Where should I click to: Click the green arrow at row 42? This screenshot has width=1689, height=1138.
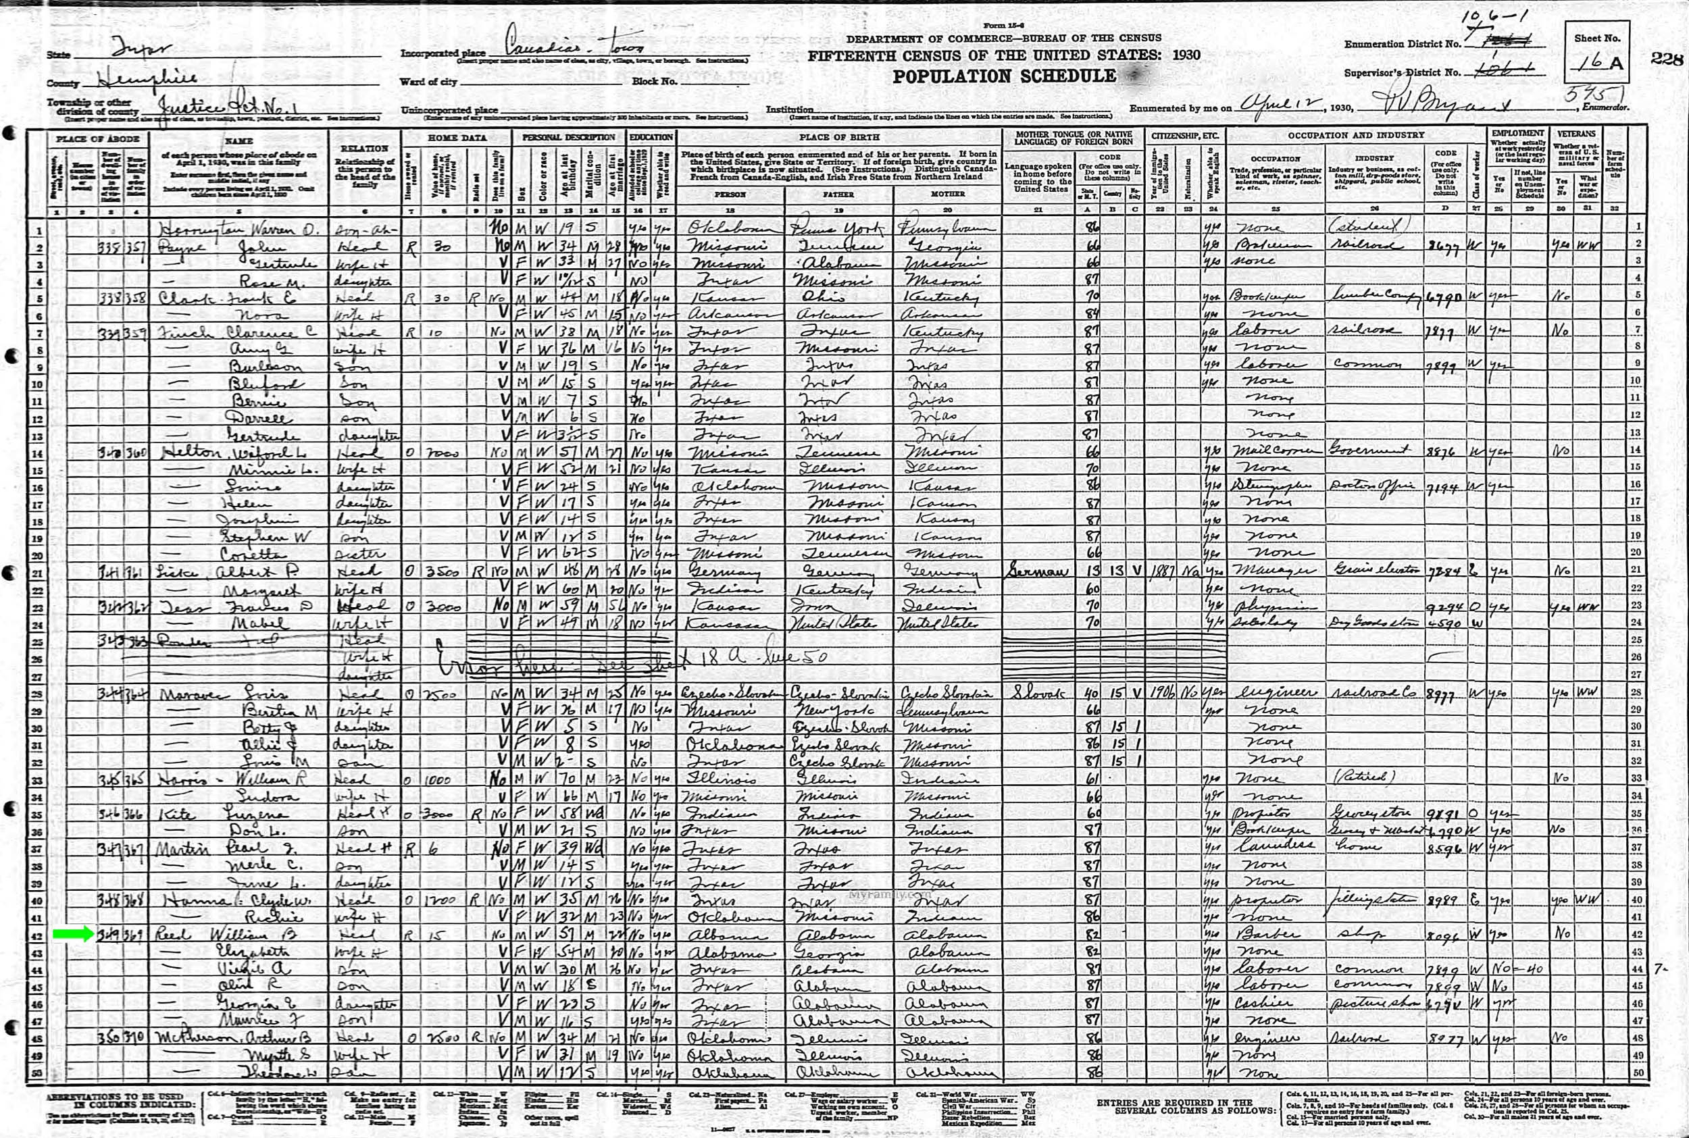point(72,933)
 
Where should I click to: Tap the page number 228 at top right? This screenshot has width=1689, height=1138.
point(1667,59)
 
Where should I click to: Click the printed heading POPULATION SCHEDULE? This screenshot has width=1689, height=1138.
point(1004,76)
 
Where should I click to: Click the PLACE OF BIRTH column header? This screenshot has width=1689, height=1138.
point(839,136)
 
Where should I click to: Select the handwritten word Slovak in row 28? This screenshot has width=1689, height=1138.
point(1034,694)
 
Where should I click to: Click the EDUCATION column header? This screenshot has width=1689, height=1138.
point(651,136)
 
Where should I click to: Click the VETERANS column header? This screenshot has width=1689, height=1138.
point(1575,134)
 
